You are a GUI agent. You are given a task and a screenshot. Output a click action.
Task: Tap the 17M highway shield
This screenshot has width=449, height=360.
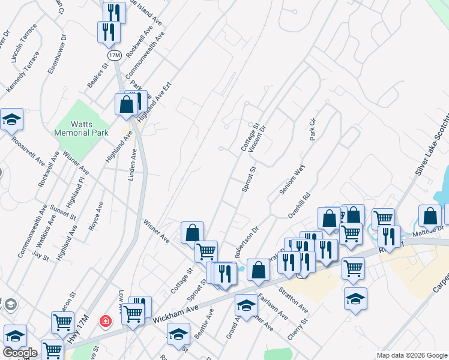click(114, 55)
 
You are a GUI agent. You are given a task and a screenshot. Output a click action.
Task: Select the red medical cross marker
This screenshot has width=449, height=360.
click(106, 322)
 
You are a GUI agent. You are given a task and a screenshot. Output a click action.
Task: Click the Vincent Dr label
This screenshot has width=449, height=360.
click(257, 139)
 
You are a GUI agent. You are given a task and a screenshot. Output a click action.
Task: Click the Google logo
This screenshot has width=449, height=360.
click(20, 353)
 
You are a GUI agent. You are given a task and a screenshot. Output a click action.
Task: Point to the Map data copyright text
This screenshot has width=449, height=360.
click(411, 355)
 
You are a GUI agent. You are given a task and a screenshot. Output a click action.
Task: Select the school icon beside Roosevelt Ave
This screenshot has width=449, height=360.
click(11, 121)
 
